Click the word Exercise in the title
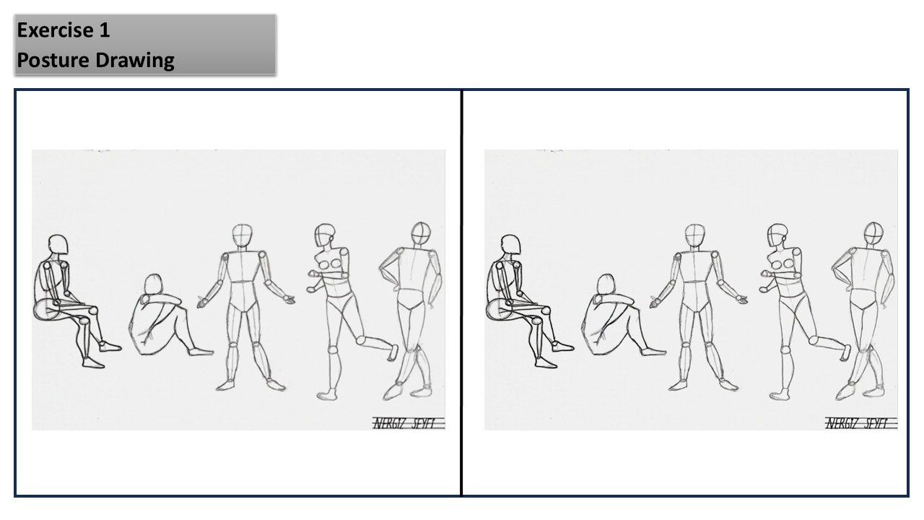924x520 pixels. tap(56, 30)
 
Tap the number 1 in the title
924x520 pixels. tap(105, 30)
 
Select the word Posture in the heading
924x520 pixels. tap(53, 60)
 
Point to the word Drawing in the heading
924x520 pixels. tap(135, 61)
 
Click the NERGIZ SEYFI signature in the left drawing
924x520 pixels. tap(404, 423)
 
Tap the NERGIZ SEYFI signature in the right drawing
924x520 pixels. tap(857, 423)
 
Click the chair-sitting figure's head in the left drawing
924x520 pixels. tap(58, 244)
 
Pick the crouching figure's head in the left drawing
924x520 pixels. tap(154, 285)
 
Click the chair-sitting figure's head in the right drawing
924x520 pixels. tap(510, 244)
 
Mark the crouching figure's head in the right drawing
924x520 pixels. tap(606, 285)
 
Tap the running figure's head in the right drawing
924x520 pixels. tap(777, 235)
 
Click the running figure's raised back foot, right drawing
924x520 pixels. tap(845, 353)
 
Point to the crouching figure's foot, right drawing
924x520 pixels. tap(653, 352)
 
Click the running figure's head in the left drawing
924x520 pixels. tap(325, 235)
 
